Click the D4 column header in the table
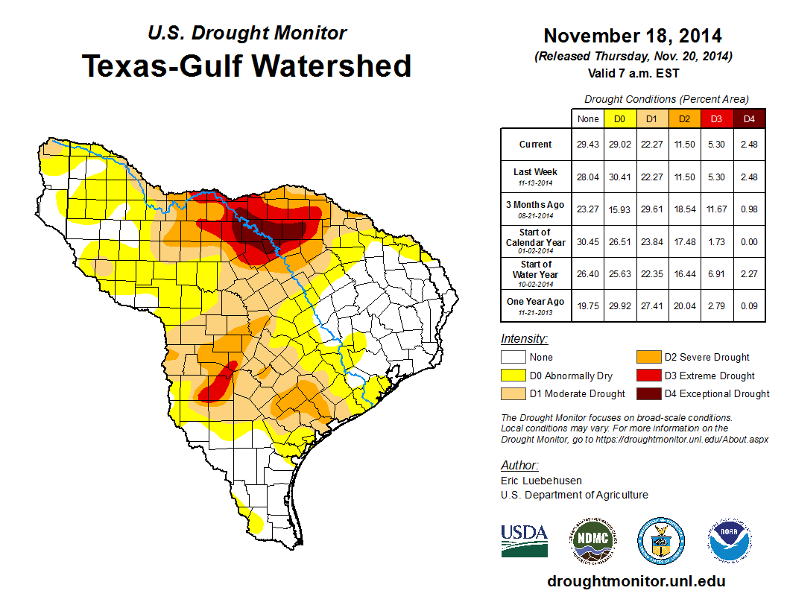[x=749, y=118]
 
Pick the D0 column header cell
[x=619, y=118]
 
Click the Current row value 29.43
[x=587, y=145]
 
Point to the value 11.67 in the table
[x=717, y=209]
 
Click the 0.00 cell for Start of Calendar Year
[x=749, y=241]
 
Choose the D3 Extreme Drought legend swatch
[x=648, y=376]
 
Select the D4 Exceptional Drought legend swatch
[x=648, y=393]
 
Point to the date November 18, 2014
[x=632, y=36]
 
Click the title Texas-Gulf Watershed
[x=246, y=66]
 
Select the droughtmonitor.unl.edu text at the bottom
[x=636, y=581]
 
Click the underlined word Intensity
[x=524, y=338]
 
